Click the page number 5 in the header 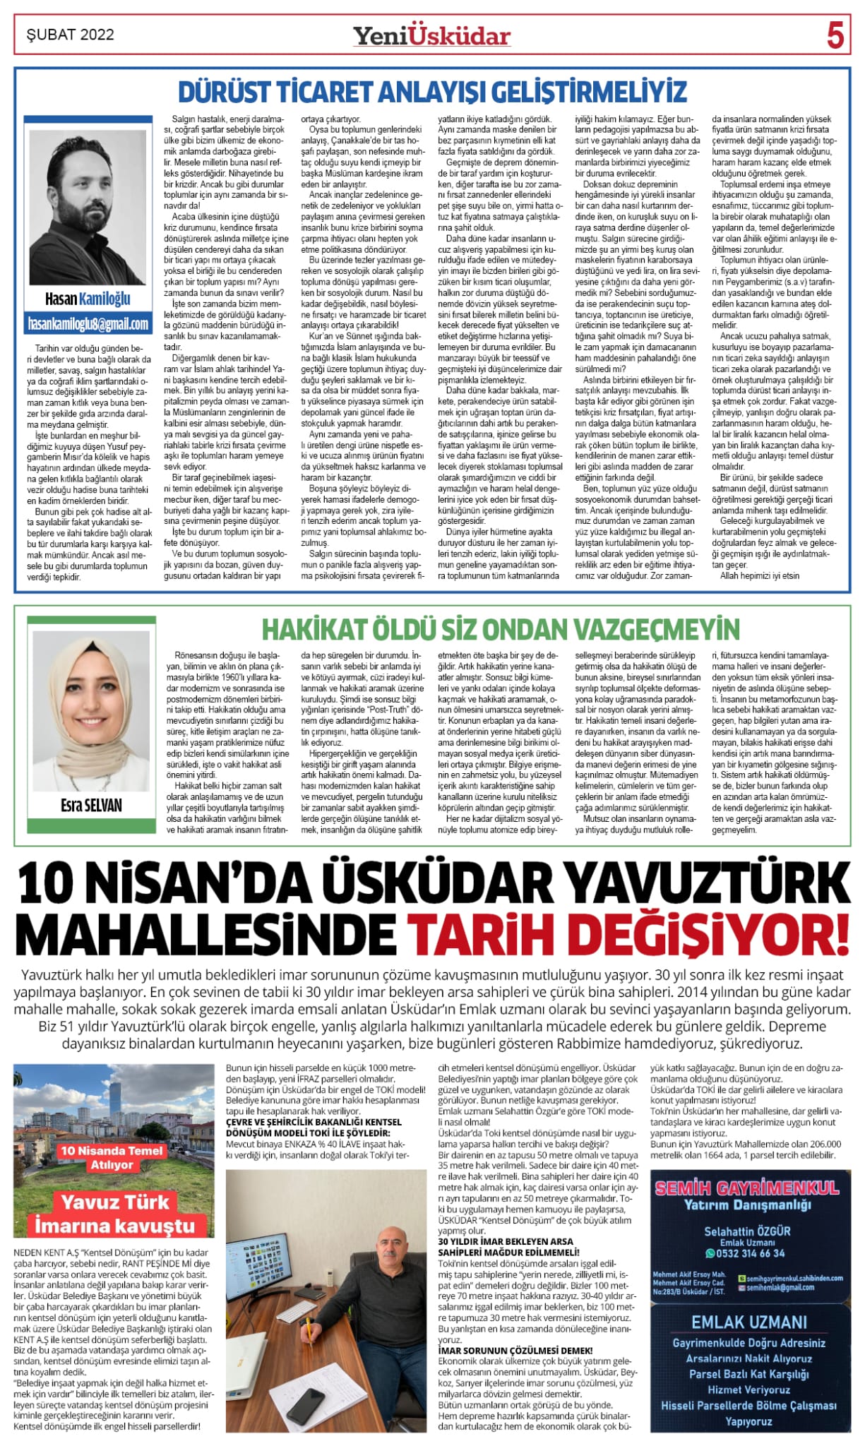point(835,35)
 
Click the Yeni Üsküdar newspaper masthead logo point(431,35)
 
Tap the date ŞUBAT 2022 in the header point(70,35)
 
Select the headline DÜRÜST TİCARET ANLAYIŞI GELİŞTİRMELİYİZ point(432,92)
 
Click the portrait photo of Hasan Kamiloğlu point(88,206)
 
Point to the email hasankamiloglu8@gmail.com point(88,324)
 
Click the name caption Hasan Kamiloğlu point(88,299)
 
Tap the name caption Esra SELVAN point(91,805)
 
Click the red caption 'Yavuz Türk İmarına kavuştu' point(114,1213)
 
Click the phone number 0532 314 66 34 point(750,1253)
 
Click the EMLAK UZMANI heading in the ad point(748,1322)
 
